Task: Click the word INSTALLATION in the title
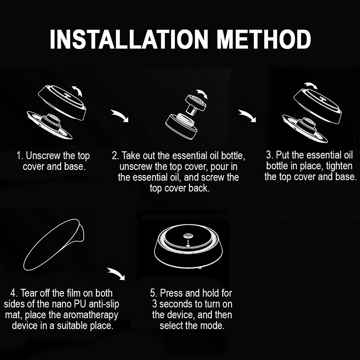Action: coord(129,39)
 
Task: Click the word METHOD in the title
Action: coord(264,39)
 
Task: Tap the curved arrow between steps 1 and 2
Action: coord(120,115)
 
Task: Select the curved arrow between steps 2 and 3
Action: coord(247,115)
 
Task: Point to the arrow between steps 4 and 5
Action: coord(116,273)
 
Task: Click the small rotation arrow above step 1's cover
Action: coord(77,91)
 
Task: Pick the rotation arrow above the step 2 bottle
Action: coord(202,94)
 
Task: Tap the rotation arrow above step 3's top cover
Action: coord(311,85)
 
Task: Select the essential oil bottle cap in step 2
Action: coord(196,103)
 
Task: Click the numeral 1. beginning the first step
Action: coord(20,156)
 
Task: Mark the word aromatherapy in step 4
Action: coord(91,315)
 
